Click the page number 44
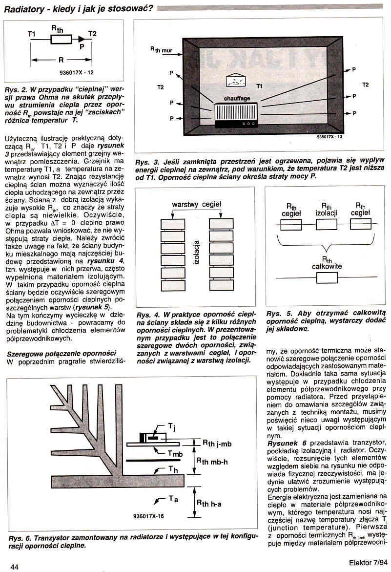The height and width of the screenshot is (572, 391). (x=15, y=567)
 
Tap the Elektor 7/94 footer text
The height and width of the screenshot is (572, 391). (x=368, y=563)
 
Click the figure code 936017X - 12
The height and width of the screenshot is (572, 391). (x=77, y=73)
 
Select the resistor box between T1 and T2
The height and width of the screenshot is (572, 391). (x=59, y=39)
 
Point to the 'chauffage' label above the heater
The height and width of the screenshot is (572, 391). (x=237, y=99)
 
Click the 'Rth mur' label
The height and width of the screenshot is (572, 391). (x=161, y=50)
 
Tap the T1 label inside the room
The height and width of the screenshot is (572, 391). (x=260, y=86)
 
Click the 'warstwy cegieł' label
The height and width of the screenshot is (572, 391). (x=197, y=205)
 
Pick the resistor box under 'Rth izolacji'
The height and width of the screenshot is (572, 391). (x=326, y=224)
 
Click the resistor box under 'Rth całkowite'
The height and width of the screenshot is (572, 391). (x=327, y=278)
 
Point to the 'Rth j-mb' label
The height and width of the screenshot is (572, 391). (x=217, y=444)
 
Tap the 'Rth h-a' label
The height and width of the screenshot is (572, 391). (x=209, y=504)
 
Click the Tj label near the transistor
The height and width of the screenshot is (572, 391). (x=172, y=427)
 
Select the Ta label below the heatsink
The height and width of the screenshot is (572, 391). (x=173, y=499)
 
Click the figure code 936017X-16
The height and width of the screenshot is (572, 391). (x=149, y=516)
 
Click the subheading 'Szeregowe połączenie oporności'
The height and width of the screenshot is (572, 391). (x=62, y=354)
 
